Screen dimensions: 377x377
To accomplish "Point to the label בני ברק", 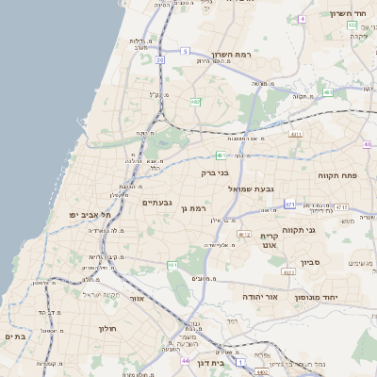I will [x=215, y=172].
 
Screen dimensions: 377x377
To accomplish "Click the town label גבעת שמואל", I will [x=252, y=188].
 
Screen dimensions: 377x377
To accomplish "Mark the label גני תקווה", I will [x=299, y=229].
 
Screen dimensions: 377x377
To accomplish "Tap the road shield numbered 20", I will [x=160, y=59].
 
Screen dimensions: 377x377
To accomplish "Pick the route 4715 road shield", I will [x=340, y=206].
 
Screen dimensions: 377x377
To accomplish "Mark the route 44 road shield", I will [x=186, y=360].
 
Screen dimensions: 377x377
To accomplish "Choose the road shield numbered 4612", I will [x=244, y=234].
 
